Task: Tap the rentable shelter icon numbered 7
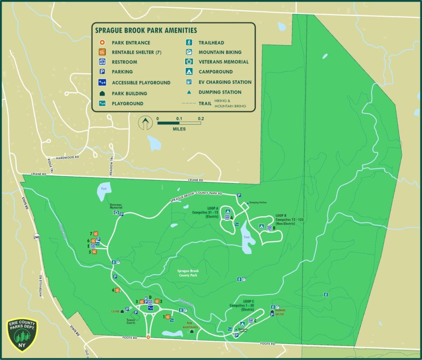point(96,234)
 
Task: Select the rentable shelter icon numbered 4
point(117,290)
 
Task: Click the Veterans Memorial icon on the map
point(117,213)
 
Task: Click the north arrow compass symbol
point(145,123)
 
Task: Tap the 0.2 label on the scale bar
point(201,119)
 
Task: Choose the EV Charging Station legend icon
point(188,82)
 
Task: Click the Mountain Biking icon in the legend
point(188,52)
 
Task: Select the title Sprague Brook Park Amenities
point(146,30)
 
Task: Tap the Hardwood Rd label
point(68,157)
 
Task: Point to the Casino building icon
point(122,311)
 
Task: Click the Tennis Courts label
point(131,321)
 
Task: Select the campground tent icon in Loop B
point(261,226)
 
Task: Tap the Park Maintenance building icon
point(191,331)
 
